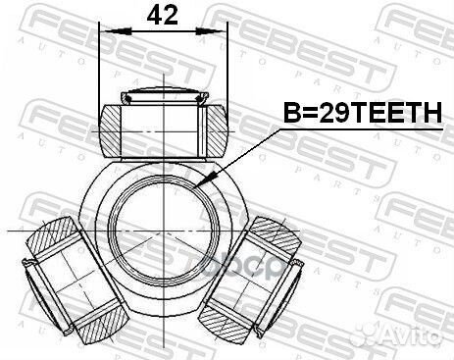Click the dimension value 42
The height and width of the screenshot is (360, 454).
(162, 16)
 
